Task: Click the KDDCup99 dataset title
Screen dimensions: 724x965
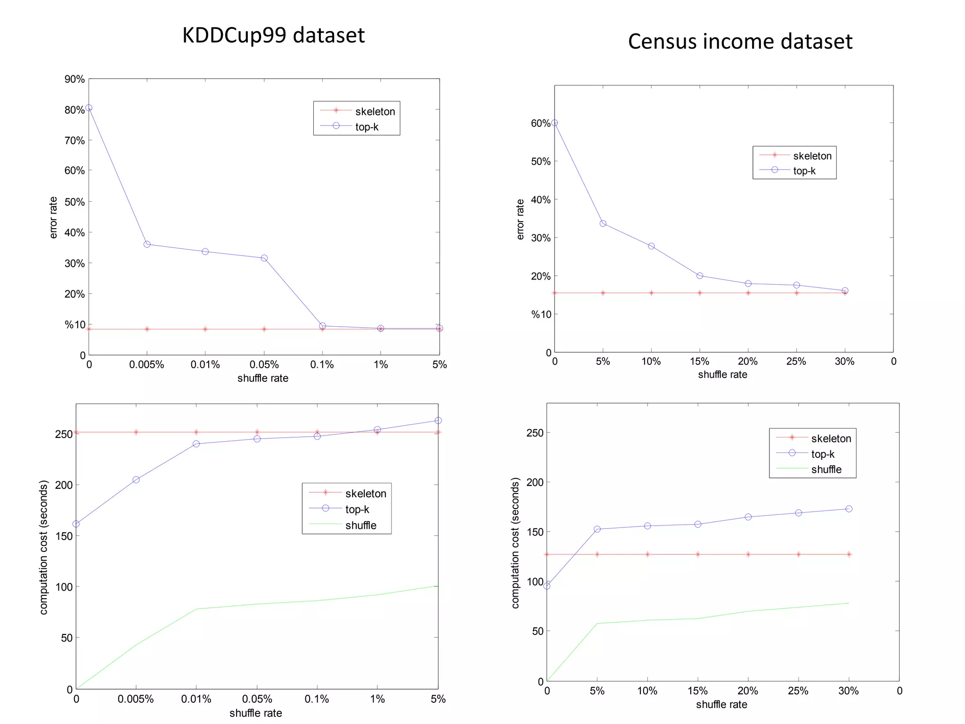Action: tap(273, 35)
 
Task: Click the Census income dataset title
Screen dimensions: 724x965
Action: tap(740, 41)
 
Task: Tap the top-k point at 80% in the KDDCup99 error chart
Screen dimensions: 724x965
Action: tap(89, 108)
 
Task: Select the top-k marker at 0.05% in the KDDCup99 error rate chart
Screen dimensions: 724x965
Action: tap(264, 258)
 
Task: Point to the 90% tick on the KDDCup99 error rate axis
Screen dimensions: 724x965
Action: tap(74, 79)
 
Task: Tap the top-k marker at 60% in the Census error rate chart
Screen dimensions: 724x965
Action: tap(555, 123)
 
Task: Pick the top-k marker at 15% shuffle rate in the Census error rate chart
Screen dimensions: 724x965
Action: tap(700, 276)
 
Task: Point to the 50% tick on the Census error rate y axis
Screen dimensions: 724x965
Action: tap(540, 162)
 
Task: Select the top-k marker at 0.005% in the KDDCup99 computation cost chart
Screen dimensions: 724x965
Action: tap(136, 480)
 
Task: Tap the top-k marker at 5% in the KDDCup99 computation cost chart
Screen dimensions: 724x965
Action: tap(438, 420)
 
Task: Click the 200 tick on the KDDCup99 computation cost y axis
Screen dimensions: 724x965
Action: tap(64, 485)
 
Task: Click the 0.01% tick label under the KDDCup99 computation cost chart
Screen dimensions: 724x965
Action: tap(196, 699)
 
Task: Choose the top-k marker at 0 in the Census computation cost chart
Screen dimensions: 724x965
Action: tap(547, 586)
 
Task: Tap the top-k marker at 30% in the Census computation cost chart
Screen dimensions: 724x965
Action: tap(849, 509)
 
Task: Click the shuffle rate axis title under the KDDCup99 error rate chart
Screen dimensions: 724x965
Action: tap(262, 378)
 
